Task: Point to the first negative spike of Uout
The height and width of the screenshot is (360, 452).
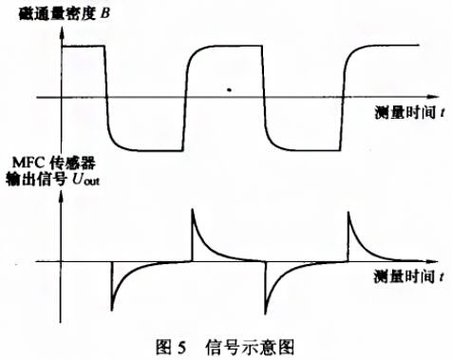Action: point(112,309)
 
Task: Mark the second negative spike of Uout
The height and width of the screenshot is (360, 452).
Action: point(267,309)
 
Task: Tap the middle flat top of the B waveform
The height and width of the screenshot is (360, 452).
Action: point(228,45)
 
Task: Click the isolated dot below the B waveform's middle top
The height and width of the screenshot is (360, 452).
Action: point(229,91)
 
